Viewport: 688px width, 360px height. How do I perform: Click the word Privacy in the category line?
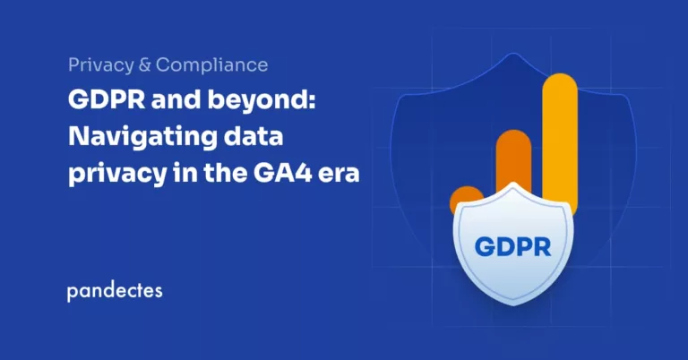click(x=98, y=65)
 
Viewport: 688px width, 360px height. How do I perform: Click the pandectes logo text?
click(x=114, y=292)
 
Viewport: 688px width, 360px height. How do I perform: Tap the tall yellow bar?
click(x=560, y=134)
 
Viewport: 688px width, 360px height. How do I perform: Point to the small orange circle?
click(x=465, y=200)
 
